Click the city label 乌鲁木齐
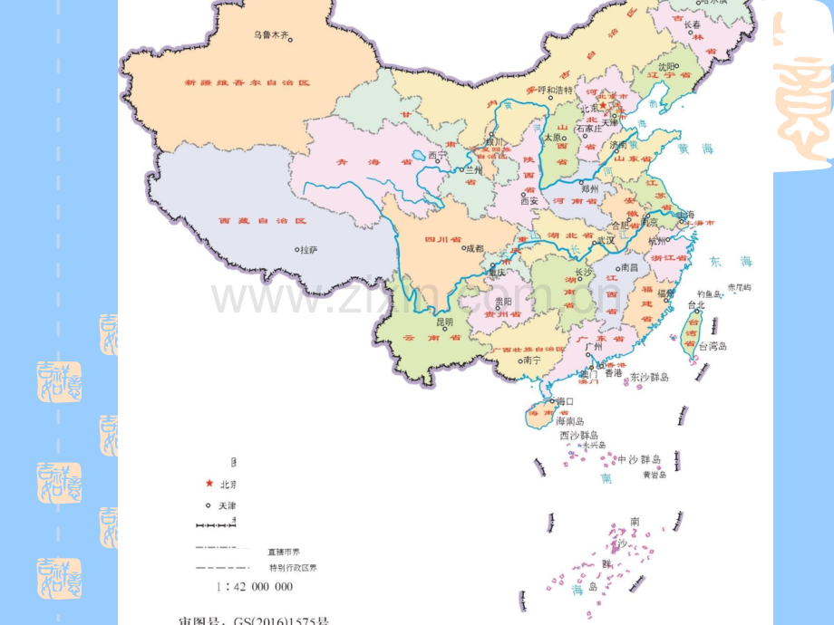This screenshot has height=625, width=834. [x=272, y=34]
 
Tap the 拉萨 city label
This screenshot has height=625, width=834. [x=309, y=249]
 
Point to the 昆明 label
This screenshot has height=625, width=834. [x=444, y=321]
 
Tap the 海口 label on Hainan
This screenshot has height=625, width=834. [x=565, y=400]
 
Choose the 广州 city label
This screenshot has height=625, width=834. [x=595, y=346]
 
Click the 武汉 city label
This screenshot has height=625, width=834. [x=606, y=240]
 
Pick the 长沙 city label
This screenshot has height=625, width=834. [x=586, y=272]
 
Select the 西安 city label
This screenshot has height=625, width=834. [x=529, y=201]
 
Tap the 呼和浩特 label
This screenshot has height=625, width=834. [x=556, y=91]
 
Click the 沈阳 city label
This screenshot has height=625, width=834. [x=667, y=66]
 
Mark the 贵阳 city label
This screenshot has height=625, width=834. [x=503, y=301]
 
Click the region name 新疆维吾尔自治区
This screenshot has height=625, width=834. [x=247, y=82]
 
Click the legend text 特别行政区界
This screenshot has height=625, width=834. [x=293, y=568]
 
